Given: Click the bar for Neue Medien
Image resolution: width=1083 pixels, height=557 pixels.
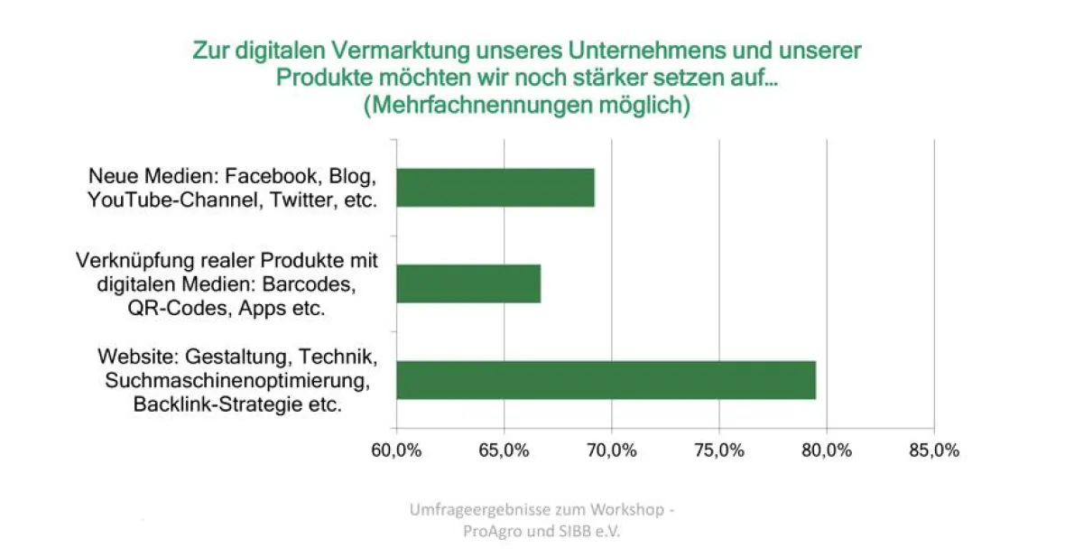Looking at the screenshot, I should [495, 187].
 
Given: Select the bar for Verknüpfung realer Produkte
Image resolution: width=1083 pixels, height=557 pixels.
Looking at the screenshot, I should [468, 283].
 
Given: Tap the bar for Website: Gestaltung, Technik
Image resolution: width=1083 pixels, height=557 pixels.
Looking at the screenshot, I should [606, 380].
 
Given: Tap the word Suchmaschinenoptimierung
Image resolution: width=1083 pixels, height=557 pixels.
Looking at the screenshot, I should [236, 380].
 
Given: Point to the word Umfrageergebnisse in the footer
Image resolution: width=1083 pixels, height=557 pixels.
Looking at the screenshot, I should [474, 510].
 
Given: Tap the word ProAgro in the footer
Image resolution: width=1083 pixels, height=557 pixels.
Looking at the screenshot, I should [493, 531].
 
